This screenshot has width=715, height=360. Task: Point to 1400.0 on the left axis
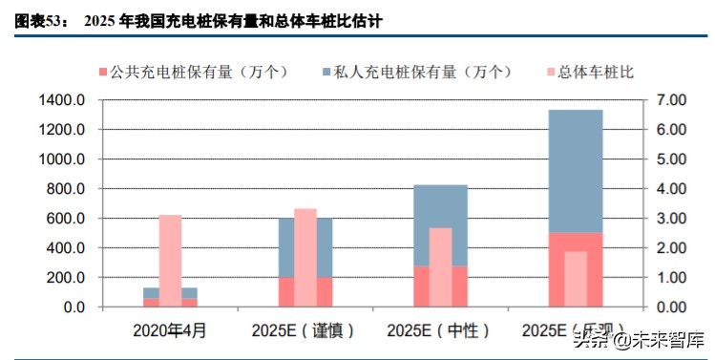coord(63,100)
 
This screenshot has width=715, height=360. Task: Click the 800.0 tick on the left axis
coord(67,189)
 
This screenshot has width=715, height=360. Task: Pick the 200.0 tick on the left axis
coord(67,278)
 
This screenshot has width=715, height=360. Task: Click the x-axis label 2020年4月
coord(169,330)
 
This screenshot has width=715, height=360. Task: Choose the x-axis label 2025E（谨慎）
coord(305,330)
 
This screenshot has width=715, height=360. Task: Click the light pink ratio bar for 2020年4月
coord(170,258)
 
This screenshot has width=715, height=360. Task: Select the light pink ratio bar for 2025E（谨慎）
coord(305,258)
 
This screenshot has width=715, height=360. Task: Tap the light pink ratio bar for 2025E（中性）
coord(440,267)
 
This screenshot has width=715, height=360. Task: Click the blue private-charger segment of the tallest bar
coord(575,172)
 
